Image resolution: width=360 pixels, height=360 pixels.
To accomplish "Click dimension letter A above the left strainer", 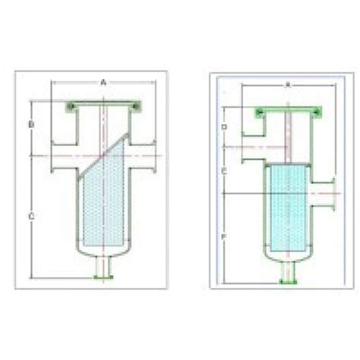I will click(103, 80).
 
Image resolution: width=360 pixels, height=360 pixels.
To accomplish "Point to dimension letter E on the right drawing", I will click(224, 171).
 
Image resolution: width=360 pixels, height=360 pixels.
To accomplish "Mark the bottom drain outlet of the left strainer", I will click(103, 270).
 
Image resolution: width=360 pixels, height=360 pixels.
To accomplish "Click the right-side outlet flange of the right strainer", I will click(334, 192).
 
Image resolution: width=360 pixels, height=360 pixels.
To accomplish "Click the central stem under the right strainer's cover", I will click(287, 137).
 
